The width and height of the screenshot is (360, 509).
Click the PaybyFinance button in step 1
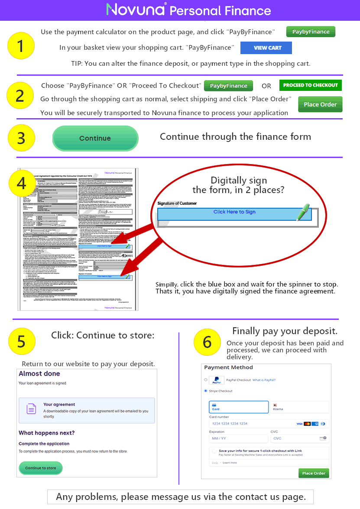(x=311, y=32)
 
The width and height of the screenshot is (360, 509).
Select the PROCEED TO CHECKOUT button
(x=310, y=85)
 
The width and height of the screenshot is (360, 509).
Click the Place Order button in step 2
(x=320, y=104)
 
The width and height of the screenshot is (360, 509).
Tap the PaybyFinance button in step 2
(x=228, y=86)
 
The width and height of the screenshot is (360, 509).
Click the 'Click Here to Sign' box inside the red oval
(x=234, y=212)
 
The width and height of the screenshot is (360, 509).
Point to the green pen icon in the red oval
(x=303, y=212)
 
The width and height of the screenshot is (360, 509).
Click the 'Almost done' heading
(x=39, y=374)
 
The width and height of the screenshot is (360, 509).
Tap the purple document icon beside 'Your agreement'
(x=32, y=408)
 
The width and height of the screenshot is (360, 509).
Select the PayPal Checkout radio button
(x=205, y=380)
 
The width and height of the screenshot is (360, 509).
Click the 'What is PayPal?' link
(x=264, y=380)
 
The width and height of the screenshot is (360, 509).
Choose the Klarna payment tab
(x=299, y=407)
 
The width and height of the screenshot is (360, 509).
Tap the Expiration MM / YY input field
(x=238, y=438)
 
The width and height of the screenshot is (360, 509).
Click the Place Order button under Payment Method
(x=314, y=473)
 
